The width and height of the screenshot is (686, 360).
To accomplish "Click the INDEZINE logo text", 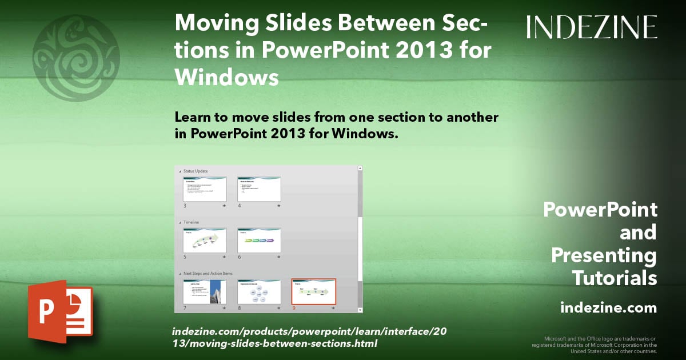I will (x=592, y=27).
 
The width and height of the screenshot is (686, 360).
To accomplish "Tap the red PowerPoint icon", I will (x=60, y=311).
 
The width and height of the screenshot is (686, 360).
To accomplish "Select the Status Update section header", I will (x=196, y=171).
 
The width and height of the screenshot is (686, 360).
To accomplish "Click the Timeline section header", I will (x=192, y=222).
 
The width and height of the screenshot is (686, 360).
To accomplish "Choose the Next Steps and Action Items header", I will (x=208, y=274).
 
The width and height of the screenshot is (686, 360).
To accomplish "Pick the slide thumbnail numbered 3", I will (x=205, y=189).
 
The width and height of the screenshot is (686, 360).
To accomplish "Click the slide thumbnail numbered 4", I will (x=259, y=189).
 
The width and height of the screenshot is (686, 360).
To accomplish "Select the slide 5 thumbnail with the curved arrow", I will (x=205, y=241).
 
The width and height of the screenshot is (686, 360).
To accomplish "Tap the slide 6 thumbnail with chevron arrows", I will (x=259, y=241).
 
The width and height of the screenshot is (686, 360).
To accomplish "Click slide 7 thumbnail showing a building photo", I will (x=205, y=292).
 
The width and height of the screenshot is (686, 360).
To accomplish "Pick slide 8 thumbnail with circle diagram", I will (x=259, y=292).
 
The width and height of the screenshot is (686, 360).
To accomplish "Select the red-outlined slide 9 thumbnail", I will (x=313, y=292).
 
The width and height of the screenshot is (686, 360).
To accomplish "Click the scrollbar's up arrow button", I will (x=360, y=169).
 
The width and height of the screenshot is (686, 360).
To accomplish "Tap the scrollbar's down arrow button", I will (x=360, y=310).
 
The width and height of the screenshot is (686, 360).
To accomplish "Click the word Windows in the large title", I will (x=227, y=77).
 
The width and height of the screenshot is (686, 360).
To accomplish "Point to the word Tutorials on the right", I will (x=615, y=278).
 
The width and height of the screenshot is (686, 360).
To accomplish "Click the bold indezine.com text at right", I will (x=608, y=308).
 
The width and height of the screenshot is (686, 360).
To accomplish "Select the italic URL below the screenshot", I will (x=274, y=337).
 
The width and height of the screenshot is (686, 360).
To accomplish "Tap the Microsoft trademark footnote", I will (x=595, y=345).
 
